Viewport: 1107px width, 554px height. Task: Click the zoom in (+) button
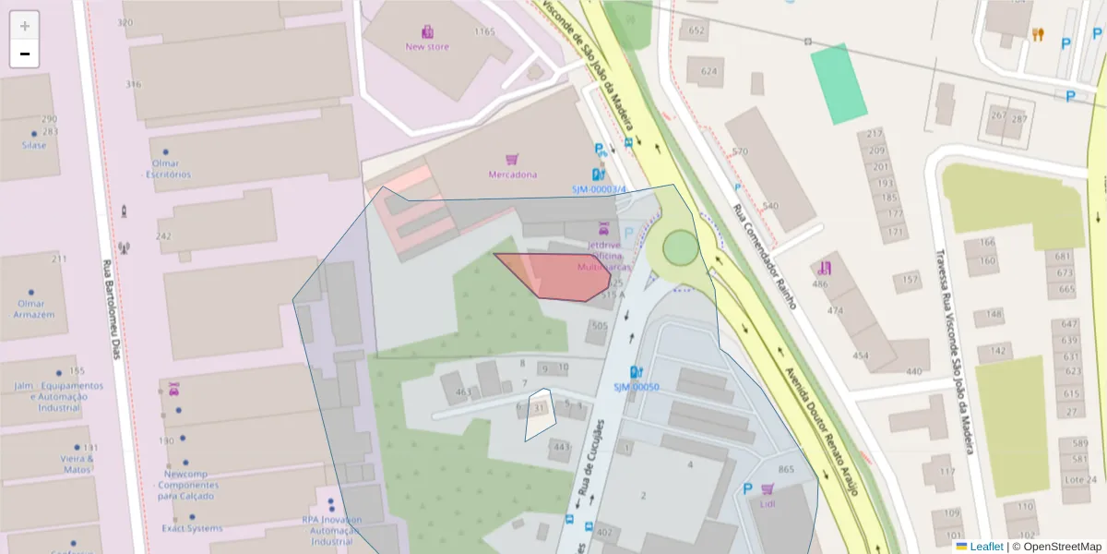[25, 26]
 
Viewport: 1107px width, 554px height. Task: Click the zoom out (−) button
[25, 54]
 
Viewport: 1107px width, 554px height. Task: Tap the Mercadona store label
[513, 174]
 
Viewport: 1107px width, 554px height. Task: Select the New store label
[427, 46]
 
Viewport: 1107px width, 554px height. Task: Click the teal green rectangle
[839, 83]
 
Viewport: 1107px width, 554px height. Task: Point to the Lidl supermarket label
[768, 504]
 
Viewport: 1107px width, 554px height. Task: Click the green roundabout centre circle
[680, 247]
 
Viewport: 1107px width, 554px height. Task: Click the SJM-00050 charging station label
[636, 387]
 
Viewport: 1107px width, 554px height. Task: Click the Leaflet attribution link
[986, 547]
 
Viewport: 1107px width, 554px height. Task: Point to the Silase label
[34, 145]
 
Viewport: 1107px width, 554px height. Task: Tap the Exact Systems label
[192, 528]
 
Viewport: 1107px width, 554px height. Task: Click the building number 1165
[484, 31]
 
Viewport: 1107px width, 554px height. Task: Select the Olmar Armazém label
[34, 308]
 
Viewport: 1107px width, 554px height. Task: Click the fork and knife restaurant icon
[1038, 35]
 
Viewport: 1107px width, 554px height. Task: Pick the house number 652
[696, 30]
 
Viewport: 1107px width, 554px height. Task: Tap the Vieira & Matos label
[77, 464]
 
